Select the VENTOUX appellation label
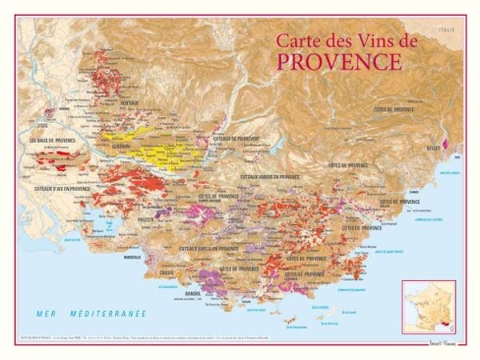pyautogui.click(x=129, y=104)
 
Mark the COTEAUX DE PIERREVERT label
pyautogui.click(x=238, y=138)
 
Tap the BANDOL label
pyautogui.click(x=192, y=294)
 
